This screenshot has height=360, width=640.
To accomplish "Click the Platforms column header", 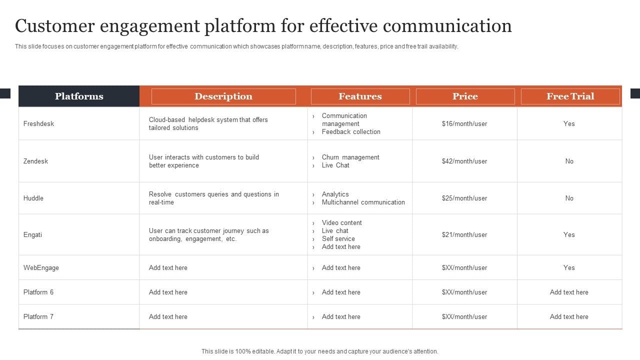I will click(79, 96).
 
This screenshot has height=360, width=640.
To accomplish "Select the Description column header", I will click(223, 96).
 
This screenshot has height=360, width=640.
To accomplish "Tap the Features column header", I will click(360, 96).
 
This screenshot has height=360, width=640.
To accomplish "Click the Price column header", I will click(465, 96).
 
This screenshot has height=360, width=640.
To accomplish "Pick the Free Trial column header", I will click(570, 96).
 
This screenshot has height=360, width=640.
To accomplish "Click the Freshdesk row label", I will click(38, 123).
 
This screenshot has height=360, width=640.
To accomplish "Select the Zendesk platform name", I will click(35, 161).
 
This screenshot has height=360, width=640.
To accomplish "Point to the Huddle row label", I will click(33, 198).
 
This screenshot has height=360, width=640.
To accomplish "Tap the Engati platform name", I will click(32, 234).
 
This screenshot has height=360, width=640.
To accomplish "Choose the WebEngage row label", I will click(41, 267).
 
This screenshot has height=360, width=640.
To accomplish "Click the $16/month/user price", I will click(464, 123).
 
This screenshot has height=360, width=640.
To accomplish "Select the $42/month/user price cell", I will click(464, 161).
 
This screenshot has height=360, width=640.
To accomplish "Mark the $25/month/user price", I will click(464, 198).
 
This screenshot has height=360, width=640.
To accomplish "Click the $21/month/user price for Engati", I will click(464, 234).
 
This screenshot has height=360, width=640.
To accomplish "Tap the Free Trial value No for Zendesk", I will click(569, 161).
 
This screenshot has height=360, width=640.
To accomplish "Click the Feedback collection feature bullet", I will click(351, 132).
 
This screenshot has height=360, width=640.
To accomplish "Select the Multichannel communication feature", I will click(363, 202).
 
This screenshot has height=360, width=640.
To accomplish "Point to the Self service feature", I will click(338, 239).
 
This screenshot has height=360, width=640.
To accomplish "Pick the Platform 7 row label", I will click(38, 316).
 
